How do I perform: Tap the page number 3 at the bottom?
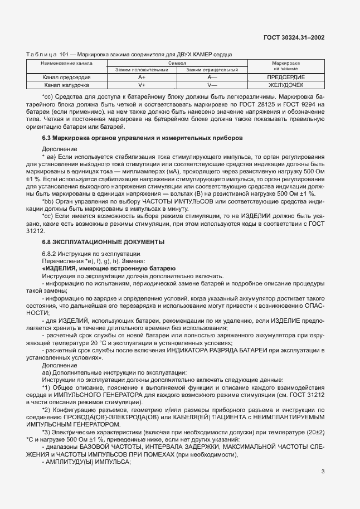click(323, 472)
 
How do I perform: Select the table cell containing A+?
click(142, 77)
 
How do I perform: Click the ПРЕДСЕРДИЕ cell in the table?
click(286, 77)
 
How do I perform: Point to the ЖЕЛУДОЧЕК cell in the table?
click(286, 85)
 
